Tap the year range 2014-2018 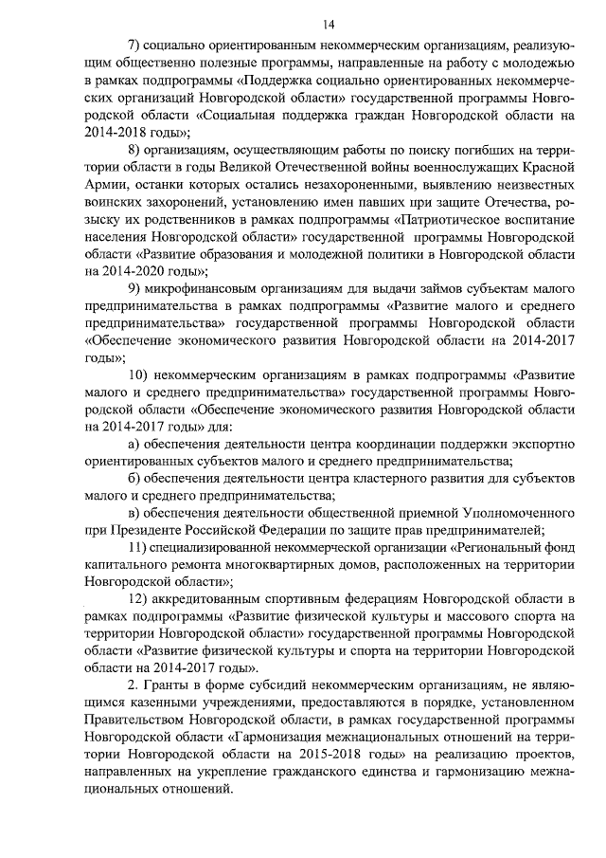coord(116,132)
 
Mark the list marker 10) coord(138,375)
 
